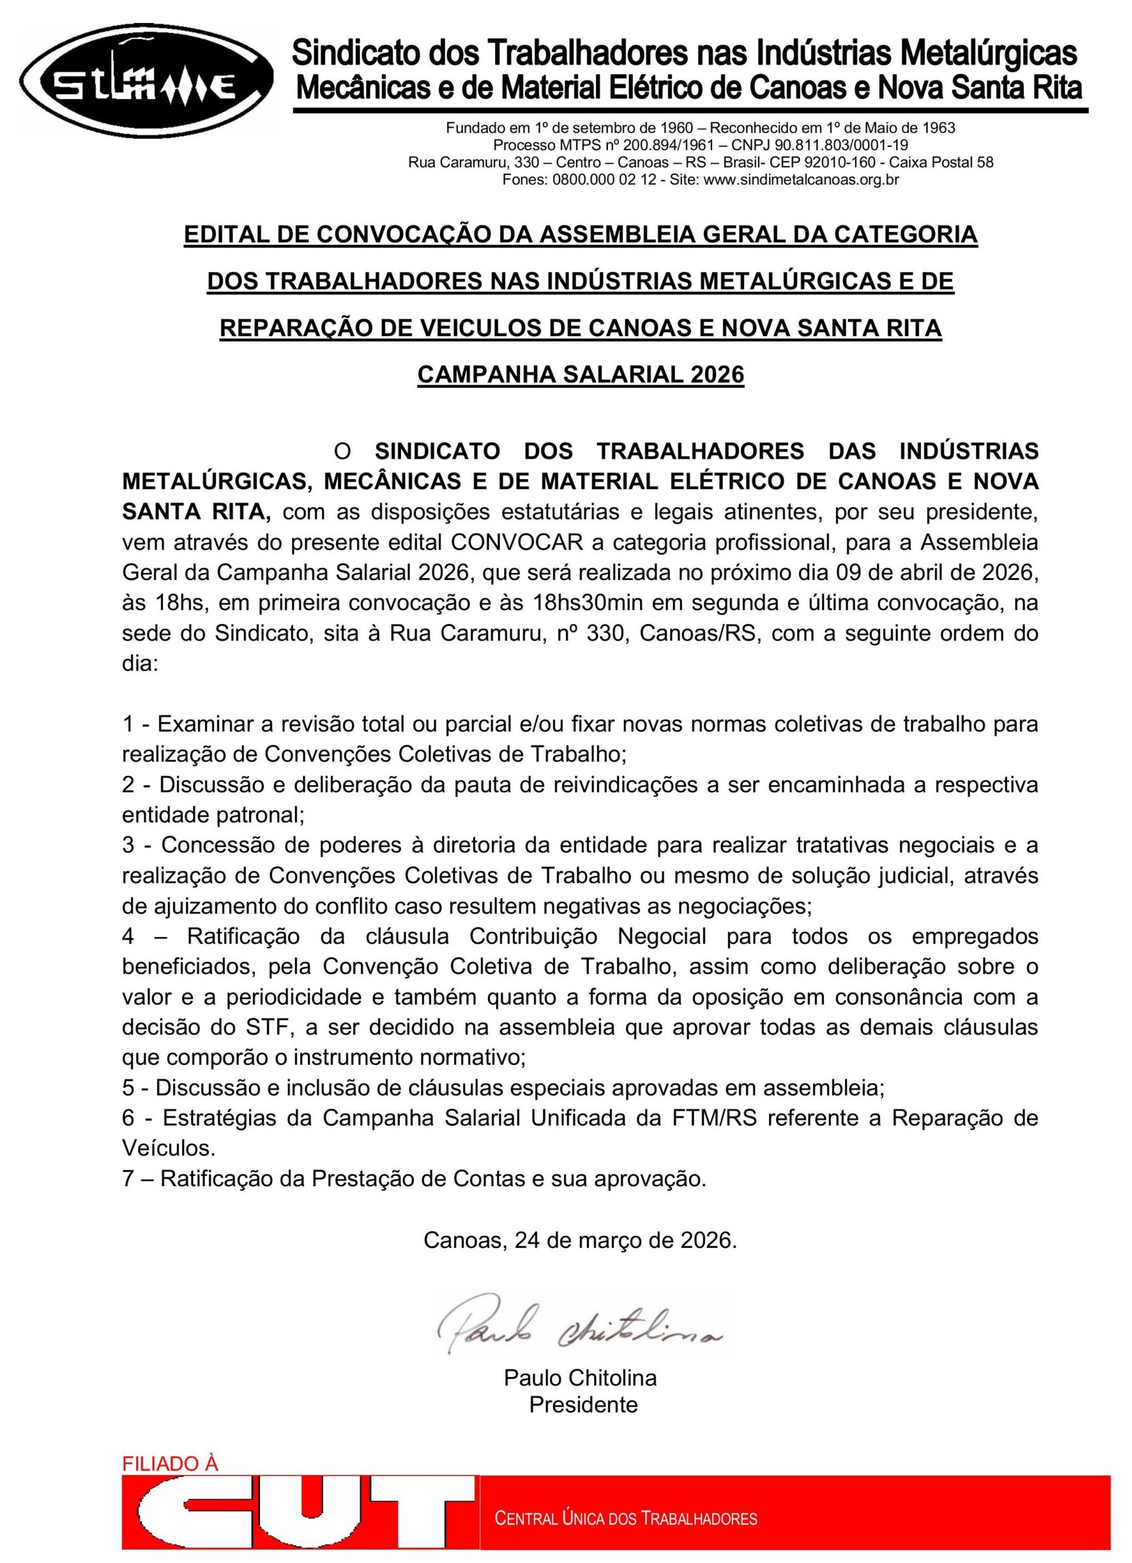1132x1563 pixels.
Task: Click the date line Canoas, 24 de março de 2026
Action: pyautogui.click(x=580, y=1240)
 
